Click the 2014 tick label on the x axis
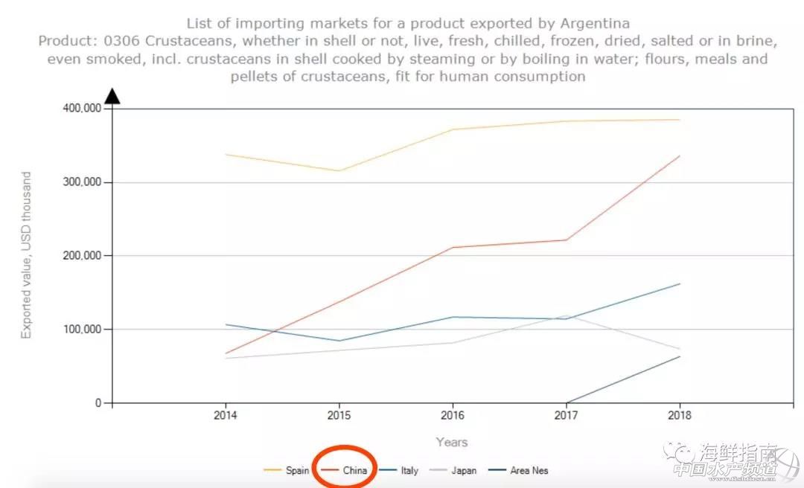tap(226, 416)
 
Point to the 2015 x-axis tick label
tap(339, 416)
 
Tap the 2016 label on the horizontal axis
tap(453, 416)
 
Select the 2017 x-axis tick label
tap(567, 416)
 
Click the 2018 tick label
tap(680, 416)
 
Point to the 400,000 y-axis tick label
tap(82, 109)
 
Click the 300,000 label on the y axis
tap(82, 182)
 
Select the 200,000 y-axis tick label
tap(82, 256)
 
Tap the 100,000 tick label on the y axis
tap(82, 330)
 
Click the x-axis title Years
tap(452, 442)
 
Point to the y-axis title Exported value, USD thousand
tap(27, 255)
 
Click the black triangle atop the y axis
tap(112, 96)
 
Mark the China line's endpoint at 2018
tap(680, 155)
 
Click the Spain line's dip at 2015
tap(339, 171)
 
